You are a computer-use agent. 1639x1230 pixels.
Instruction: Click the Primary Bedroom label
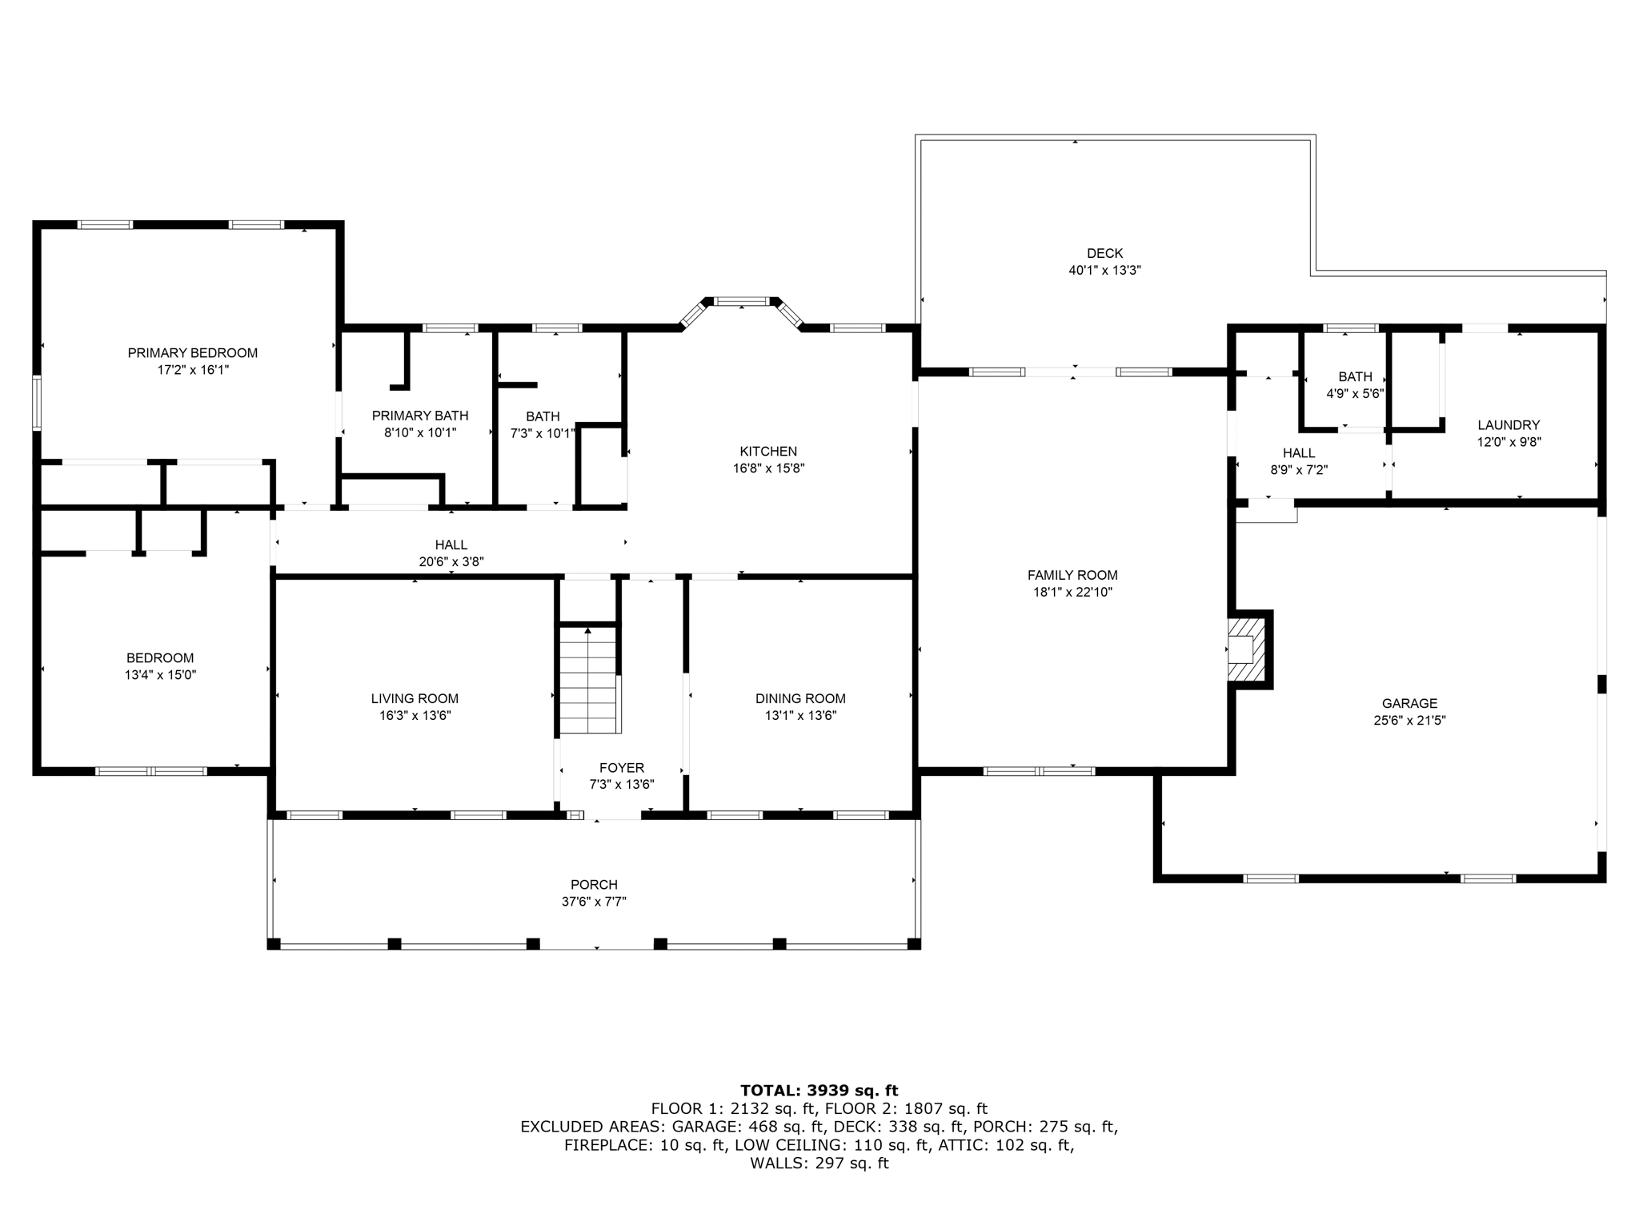[192, 353]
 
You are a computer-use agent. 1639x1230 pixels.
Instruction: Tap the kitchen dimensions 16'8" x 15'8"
[768, 468]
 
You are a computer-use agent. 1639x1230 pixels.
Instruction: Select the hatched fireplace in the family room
[1247, 649]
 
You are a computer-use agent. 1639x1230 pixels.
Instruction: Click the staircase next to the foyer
[589, 680]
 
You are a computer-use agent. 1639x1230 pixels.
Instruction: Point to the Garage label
[1409, 703]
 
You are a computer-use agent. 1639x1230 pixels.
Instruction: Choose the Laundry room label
[1509, 425]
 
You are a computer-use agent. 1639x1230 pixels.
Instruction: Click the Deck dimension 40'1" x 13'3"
[1104, 271]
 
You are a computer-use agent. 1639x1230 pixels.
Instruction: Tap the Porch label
[594, 885]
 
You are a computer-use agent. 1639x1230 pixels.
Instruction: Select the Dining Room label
[800, 698]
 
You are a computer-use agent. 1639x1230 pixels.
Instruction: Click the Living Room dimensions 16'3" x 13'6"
[415, 716]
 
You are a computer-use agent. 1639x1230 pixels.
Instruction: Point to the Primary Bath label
[420, 416]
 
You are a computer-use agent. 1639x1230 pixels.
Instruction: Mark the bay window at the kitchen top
[741, 302]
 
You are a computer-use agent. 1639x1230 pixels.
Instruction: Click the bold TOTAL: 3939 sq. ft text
[819, 1090]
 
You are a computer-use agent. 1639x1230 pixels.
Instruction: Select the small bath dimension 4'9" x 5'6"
[1355, 393]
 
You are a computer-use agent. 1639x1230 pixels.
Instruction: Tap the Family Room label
[1072, 575]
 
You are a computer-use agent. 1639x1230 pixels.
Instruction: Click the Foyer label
[622, 768]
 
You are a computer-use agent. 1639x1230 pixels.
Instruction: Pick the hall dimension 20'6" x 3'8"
[451, 562]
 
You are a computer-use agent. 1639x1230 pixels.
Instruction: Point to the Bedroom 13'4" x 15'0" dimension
[160, 675]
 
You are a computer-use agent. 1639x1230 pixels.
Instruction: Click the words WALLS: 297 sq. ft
[819, 1164]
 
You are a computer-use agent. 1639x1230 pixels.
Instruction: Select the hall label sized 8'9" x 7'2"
[1299, 453]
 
